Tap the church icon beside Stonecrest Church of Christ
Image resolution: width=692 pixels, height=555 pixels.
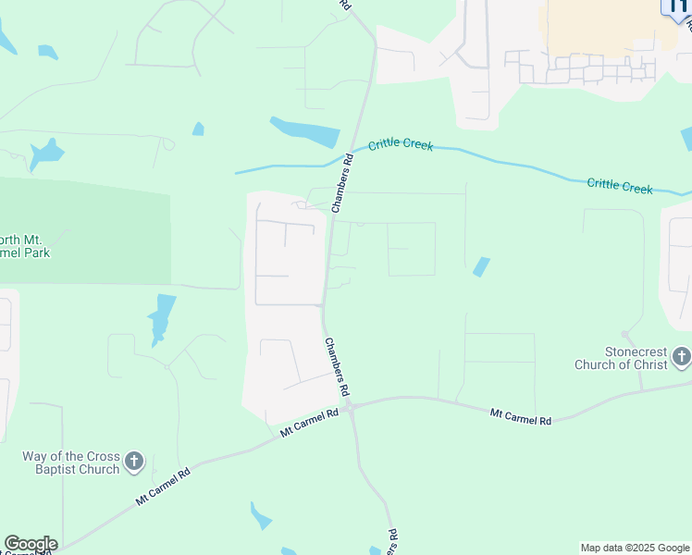(682, 356)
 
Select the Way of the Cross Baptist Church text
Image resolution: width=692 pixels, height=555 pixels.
(71, 462)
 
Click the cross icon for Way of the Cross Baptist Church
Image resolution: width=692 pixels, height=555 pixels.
(134, 462)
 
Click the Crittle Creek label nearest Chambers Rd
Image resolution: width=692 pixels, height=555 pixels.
(401, 145)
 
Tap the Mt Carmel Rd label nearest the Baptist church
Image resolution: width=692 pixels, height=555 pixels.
(163, 487)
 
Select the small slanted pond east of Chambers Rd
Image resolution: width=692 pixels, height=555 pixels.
(480, 266)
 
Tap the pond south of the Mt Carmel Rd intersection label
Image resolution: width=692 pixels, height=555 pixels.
(261, 515)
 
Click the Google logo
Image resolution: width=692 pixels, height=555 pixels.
(31, 544)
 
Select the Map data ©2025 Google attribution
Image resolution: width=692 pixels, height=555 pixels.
(635, 548)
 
